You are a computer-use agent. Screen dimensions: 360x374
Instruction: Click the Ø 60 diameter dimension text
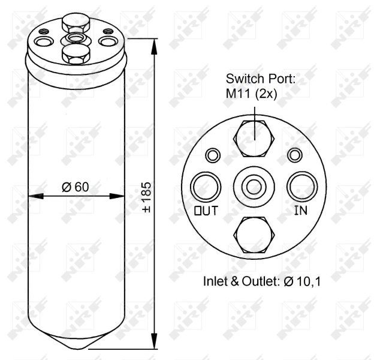(x=75, y=187)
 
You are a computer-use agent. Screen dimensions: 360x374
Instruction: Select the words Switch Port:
(x=261, y=79)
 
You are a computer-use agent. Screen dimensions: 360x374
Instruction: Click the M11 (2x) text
(x=251, y=94)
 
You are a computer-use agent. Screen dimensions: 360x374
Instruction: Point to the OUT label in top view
(x=206, y=211)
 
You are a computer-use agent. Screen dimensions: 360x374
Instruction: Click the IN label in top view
(x=300, y=211)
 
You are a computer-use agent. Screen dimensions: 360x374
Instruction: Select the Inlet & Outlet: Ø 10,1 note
(x=262, y=281)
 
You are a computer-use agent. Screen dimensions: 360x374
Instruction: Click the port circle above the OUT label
(x=204, y=186)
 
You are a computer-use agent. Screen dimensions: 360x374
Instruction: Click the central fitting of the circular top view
(x=254, y=186)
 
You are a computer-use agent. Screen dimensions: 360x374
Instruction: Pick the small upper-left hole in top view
(x=212, y=155)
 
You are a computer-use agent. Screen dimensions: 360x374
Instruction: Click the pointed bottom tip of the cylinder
(x=77, y=347)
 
